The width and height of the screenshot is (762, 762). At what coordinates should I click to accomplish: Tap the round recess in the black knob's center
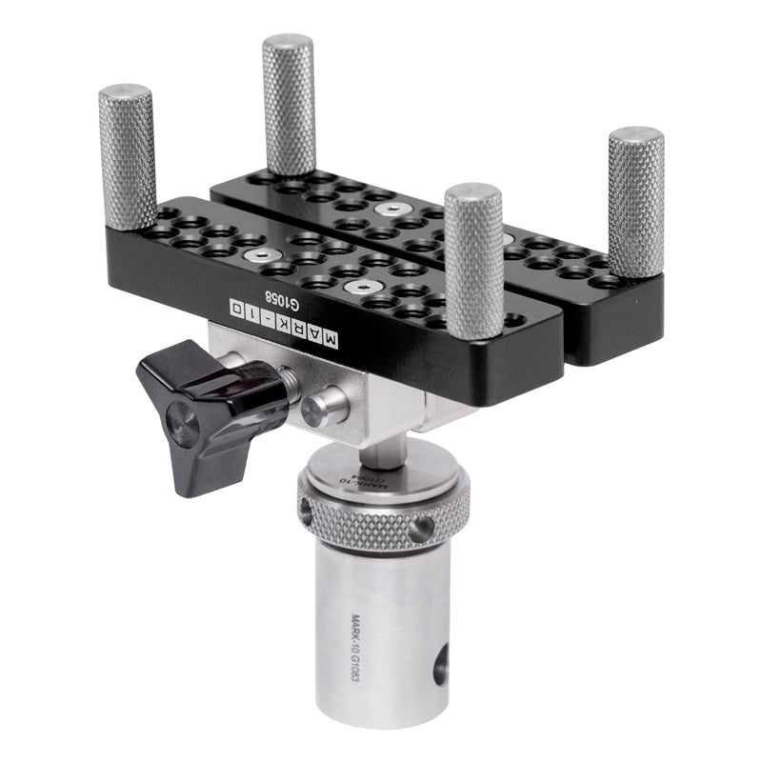(x=181, y=426)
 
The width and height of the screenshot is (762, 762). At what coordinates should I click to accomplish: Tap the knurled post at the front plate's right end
(x=473, y=262)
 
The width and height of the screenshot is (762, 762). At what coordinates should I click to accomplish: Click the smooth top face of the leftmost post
(x=126, y=92)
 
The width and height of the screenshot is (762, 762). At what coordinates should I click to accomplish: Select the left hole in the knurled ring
(x=307, y=511)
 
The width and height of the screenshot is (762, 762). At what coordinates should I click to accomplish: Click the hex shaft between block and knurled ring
(x=380, y=443)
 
